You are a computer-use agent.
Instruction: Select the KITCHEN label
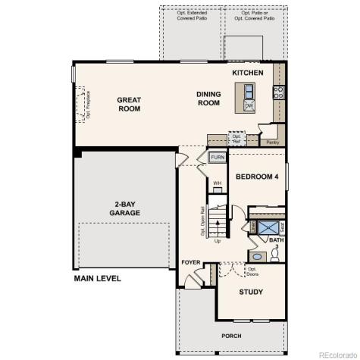pos(248,73)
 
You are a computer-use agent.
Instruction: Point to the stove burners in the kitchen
pos(278,93)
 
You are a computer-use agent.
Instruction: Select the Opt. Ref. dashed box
pos(236,139)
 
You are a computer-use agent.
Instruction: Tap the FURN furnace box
pos(218,158)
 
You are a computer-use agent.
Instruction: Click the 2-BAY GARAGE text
pos(127,208)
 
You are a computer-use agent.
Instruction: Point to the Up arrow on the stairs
pos(218,241)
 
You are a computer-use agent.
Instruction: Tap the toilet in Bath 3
pos(276,256)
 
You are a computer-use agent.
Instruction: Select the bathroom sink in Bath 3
pos(255,256)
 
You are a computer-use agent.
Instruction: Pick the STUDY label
pos(251,291)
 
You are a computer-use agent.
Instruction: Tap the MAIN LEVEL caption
pos(97,279)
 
